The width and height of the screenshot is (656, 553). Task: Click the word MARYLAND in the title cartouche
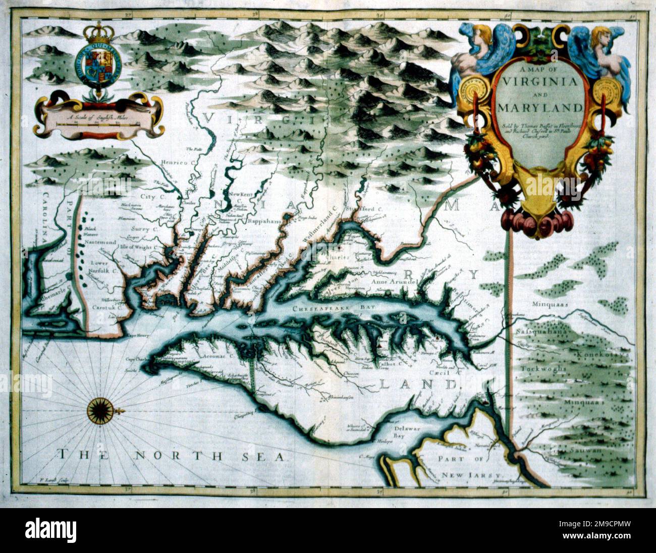click(539, 107)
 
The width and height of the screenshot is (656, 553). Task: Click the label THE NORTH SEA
click(171, 456)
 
